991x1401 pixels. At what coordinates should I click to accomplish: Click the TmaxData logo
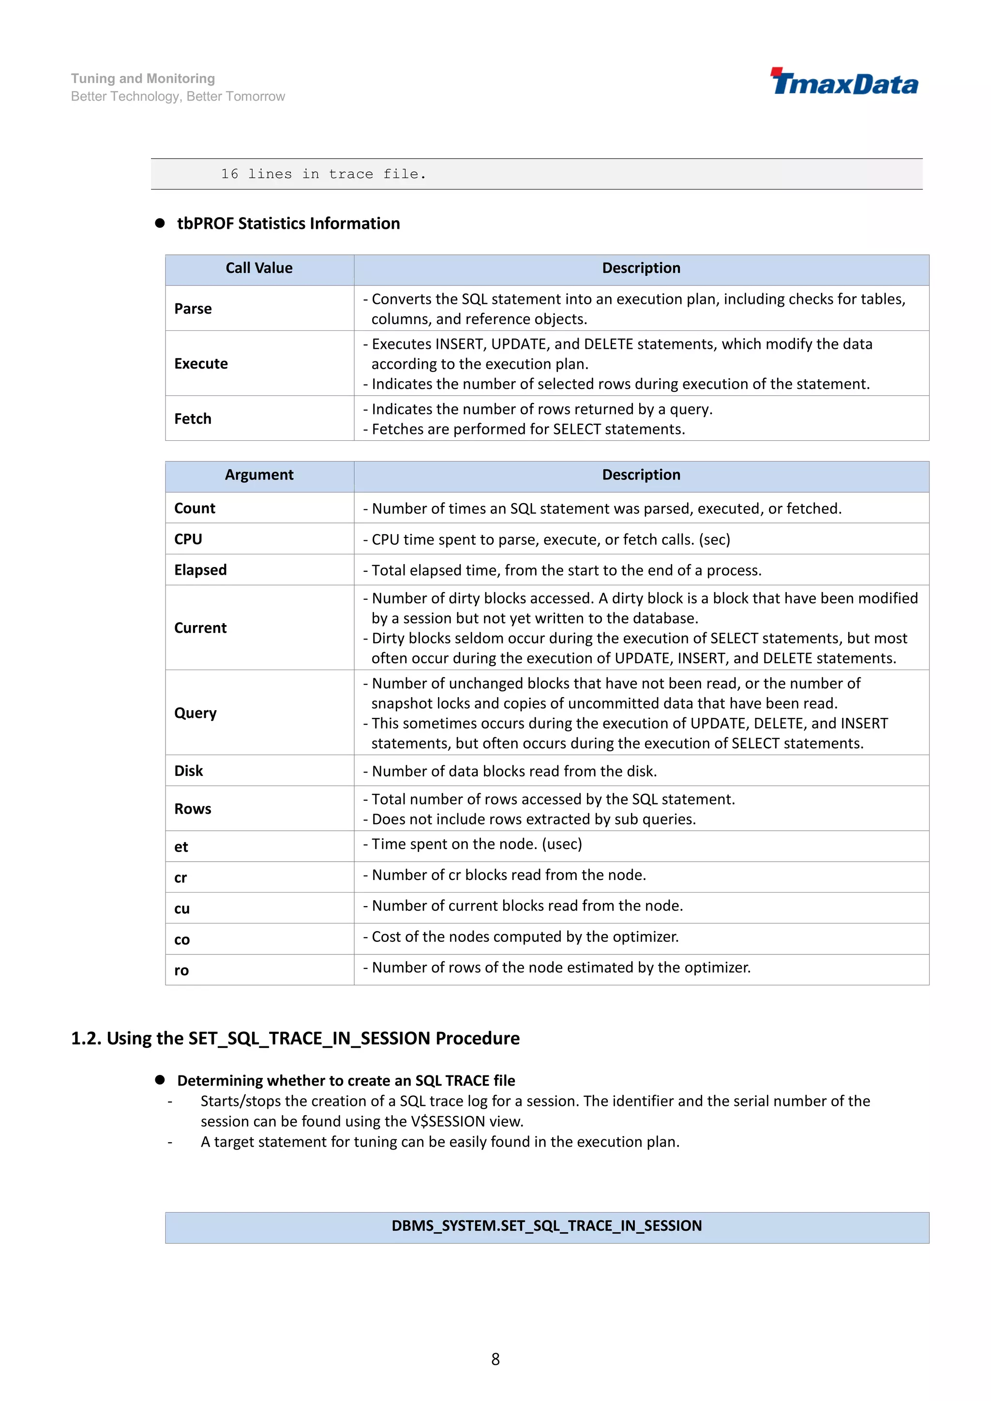[844, 82]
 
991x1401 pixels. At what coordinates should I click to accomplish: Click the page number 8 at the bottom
[495, 1359]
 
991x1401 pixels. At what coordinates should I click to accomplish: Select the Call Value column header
[259, 268]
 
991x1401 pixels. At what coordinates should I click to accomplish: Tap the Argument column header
[259, 475]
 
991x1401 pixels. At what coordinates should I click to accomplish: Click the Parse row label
[193, 309]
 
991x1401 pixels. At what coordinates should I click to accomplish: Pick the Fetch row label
[193, 418]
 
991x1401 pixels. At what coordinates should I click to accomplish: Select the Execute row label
[201, 364]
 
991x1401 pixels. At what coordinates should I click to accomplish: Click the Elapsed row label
[200, 570]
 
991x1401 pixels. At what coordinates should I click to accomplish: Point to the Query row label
[195, 713]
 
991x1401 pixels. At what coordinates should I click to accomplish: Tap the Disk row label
[189, 771]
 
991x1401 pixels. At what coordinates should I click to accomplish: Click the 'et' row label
[181, 847]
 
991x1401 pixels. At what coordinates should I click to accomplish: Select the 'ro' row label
[181, 970]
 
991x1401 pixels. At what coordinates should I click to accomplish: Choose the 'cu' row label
[182, 909]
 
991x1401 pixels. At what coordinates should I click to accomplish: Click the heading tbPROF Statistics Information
[288, 224]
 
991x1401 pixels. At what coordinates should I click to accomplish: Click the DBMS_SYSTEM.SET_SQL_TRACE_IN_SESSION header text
[546, 1226]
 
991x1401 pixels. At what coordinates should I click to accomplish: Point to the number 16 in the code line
[229, 175]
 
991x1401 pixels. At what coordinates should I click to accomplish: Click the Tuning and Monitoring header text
[143, 79]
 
